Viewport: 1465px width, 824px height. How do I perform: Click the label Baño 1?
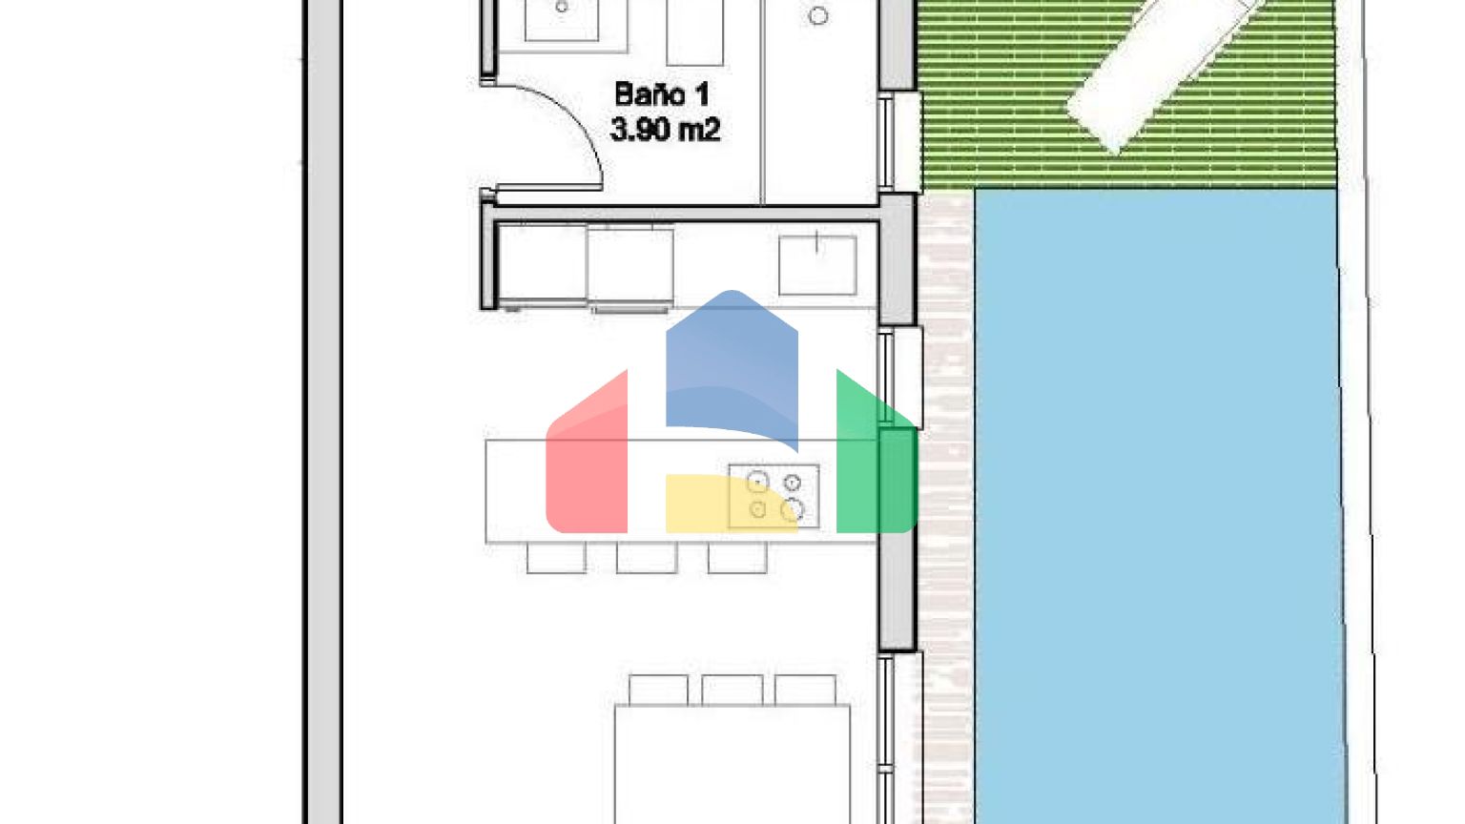[x=662, y=94]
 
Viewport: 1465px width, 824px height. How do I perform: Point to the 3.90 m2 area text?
[x=665, y=130]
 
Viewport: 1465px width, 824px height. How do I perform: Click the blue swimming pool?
[x=1159, y=506]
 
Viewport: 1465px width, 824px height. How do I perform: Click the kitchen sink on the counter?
[x=816, y=265]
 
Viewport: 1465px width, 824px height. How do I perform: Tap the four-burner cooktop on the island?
[x=774, y=496]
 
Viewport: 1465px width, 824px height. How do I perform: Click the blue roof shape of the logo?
[x=732, y=368]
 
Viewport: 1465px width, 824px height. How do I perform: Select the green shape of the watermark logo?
[x=877, y=458]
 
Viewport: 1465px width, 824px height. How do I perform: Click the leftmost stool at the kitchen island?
[x=556, y=558]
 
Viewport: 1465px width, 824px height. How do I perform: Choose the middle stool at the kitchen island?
[x=647, y=558]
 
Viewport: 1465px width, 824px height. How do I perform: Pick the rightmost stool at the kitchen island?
[x=737, y=558]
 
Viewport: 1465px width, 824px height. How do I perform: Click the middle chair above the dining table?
[x=732, y=690]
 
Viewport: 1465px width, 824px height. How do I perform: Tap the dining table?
[x=732, y=764]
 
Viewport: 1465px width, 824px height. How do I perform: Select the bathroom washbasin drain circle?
[x=562, y=8]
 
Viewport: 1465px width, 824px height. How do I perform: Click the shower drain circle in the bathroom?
[x=818, y=15]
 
